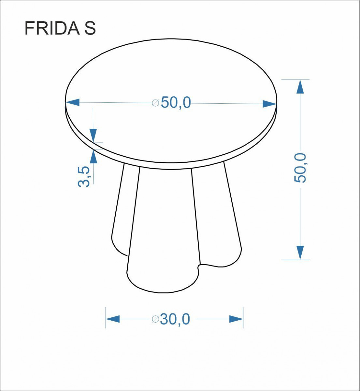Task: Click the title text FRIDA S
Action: pos(60,28)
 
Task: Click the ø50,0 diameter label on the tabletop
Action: pos(171,103)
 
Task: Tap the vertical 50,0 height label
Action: pos(300,168)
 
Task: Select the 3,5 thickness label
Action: pos(84,177)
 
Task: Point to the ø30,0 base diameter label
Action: pos(171,319)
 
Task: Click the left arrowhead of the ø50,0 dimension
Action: pos(72,102)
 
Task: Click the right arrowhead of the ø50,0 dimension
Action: pos(269,104)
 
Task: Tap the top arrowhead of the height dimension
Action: pos(300,87)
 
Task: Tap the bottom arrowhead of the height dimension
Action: pos(300,253)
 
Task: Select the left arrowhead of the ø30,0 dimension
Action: pos(113,319)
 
